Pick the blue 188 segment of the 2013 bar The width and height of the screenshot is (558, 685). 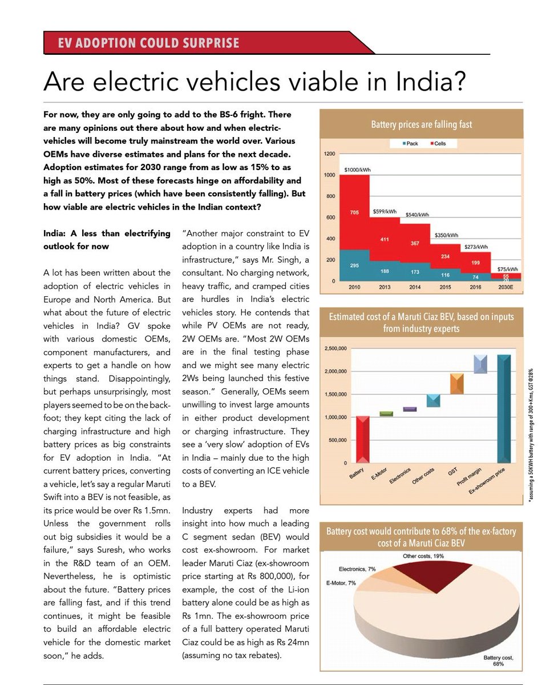coord(385,272)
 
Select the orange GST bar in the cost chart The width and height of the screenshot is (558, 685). coord(456,384)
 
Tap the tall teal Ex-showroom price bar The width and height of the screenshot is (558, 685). coord(504,408)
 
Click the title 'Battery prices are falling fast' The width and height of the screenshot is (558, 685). coord(422,124)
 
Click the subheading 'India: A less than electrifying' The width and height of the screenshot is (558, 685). coord(107,233)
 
